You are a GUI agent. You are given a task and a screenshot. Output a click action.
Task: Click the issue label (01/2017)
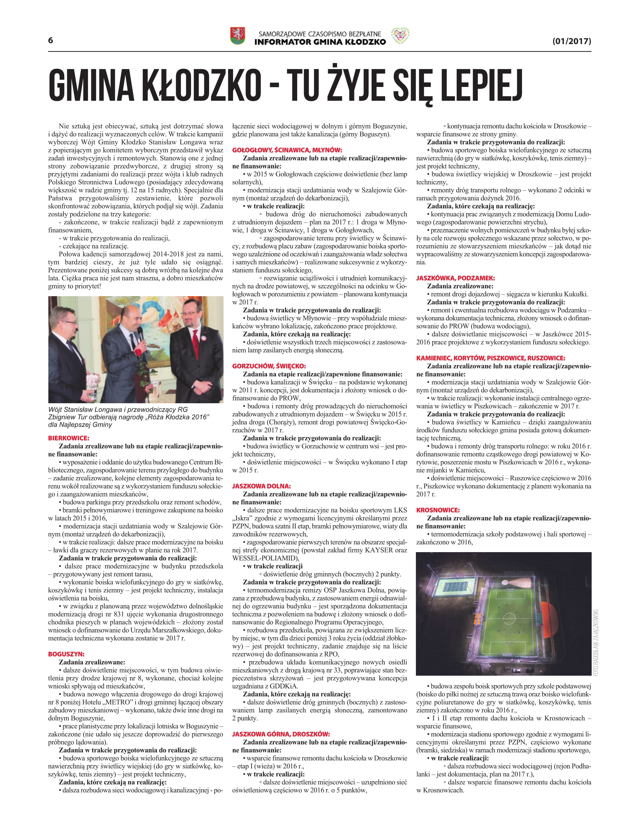pos(571,41)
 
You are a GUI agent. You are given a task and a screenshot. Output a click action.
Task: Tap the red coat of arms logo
pos(237,36)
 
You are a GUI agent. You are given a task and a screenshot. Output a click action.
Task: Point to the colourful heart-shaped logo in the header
pos(400,36)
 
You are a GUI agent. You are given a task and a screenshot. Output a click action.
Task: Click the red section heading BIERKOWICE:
pos(68,438)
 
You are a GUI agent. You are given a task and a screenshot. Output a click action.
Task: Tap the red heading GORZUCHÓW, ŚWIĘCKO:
pos(269,366)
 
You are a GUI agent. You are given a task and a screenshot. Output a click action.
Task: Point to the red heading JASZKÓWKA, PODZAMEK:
pos(455,278)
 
